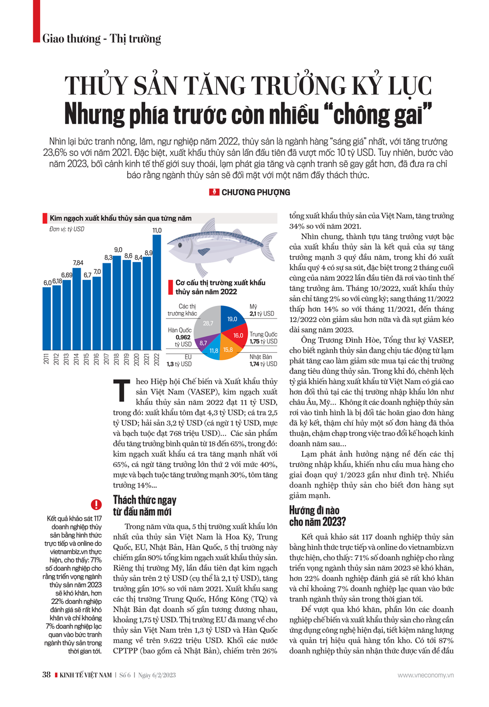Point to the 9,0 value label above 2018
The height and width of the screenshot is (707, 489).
(x=118, y=250)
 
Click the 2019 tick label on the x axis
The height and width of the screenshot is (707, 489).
(x=127, y=359)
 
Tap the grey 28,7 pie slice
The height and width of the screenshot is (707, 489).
(x=208, y=322)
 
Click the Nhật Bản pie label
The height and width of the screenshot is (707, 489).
(x=261, y=357)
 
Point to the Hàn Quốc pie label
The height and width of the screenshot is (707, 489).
(x=179, y=330)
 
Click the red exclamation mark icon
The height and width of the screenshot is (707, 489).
(x=96, y=504)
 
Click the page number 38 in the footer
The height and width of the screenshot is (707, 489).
(x=46, y=675)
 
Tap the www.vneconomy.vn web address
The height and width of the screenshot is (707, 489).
(x=425, y=675)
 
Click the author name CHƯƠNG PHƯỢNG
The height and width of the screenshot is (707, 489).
(x=255, y=193)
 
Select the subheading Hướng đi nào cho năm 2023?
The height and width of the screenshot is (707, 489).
(x=317, y=516)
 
